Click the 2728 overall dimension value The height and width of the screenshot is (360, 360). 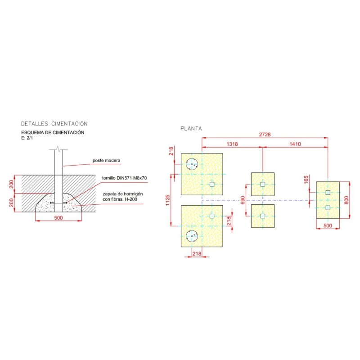[x=265, y=135]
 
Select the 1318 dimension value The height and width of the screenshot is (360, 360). [x=232, y=144]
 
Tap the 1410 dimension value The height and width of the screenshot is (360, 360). [x=295, y=144]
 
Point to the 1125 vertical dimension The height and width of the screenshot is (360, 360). [x=167, y=200]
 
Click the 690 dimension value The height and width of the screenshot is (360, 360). [x=243, y=200]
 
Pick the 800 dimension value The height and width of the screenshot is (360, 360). [x=346, y=200]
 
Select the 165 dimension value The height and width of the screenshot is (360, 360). [x=306, y=180]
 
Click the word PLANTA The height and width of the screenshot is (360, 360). [x=191, y=129]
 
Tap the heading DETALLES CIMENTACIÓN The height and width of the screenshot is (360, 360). [x=54, y=124]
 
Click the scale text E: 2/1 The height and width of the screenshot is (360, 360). [x=27, y=138]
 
